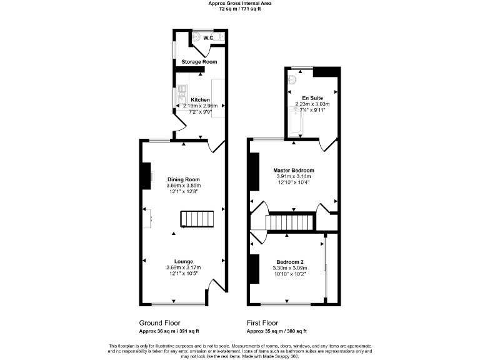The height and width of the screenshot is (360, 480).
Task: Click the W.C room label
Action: click(x=208, y=38)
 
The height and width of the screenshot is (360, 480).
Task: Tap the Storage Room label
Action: click(x=199, y=62)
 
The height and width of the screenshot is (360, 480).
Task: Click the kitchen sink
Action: click(x=180, y=97)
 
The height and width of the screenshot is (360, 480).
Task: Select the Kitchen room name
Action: click(x=200, y=100)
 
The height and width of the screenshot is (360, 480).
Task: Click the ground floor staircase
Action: click(x=197, y=219)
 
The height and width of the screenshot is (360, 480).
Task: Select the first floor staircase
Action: click(x=291, y=222)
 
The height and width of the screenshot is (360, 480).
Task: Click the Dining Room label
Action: click(x=183, y=179)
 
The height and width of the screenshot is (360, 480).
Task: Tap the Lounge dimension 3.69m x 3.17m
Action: click(x=183, y=267)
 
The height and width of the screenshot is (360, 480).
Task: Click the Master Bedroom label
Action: click(x=293, y=170)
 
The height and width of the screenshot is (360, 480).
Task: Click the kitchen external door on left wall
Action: click(x=177, y=131)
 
